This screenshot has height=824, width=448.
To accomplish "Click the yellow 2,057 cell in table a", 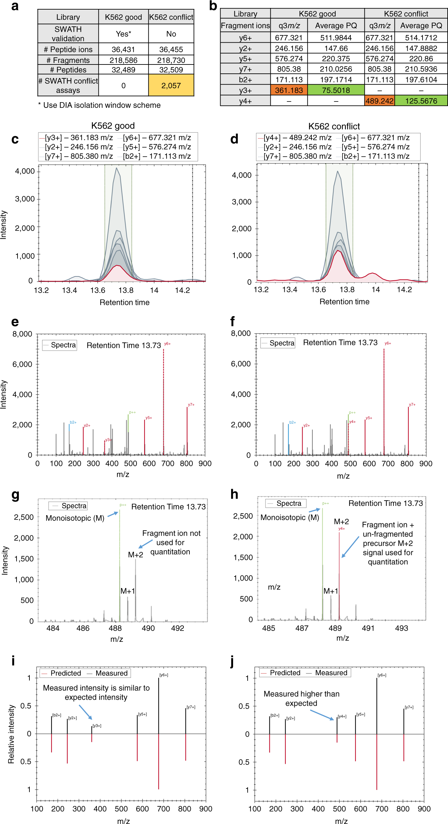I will coord(171,85).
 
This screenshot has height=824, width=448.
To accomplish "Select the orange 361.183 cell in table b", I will coord(289,90).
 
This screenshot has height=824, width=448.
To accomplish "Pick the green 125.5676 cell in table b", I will coord(421,101).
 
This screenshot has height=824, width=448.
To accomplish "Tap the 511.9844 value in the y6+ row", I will coord(336,38).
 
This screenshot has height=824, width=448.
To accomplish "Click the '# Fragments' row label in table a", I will coord(68,60).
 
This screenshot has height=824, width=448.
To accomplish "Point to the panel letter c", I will coord(15,139).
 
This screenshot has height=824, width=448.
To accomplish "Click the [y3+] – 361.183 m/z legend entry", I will coord(79,138).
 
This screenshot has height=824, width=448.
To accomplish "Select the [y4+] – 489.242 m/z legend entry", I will coord(297,138).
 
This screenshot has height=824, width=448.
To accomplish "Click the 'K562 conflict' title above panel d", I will coord(334,126).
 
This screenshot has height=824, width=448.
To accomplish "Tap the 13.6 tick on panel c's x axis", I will coord(98,290).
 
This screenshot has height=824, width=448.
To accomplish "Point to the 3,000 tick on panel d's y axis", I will coord(242,202).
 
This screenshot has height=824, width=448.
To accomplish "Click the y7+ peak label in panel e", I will coord(191,405).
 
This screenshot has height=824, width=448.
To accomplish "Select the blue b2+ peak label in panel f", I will coord(293,422).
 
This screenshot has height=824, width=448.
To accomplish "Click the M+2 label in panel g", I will coord(136,555).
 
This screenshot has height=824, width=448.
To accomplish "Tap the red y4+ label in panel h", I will coord(342,529).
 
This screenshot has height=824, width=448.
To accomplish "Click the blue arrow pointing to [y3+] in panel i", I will coord(86,712).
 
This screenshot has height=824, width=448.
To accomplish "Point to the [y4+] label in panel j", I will coord(342,717).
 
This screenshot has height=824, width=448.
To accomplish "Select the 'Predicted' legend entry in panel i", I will coord(65,673).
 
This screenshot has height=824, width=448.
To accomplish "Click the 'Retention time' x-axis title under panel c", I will coord(124,302).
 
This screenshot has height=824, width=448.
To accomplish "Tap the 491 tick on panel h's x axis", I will coord(368,628).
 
